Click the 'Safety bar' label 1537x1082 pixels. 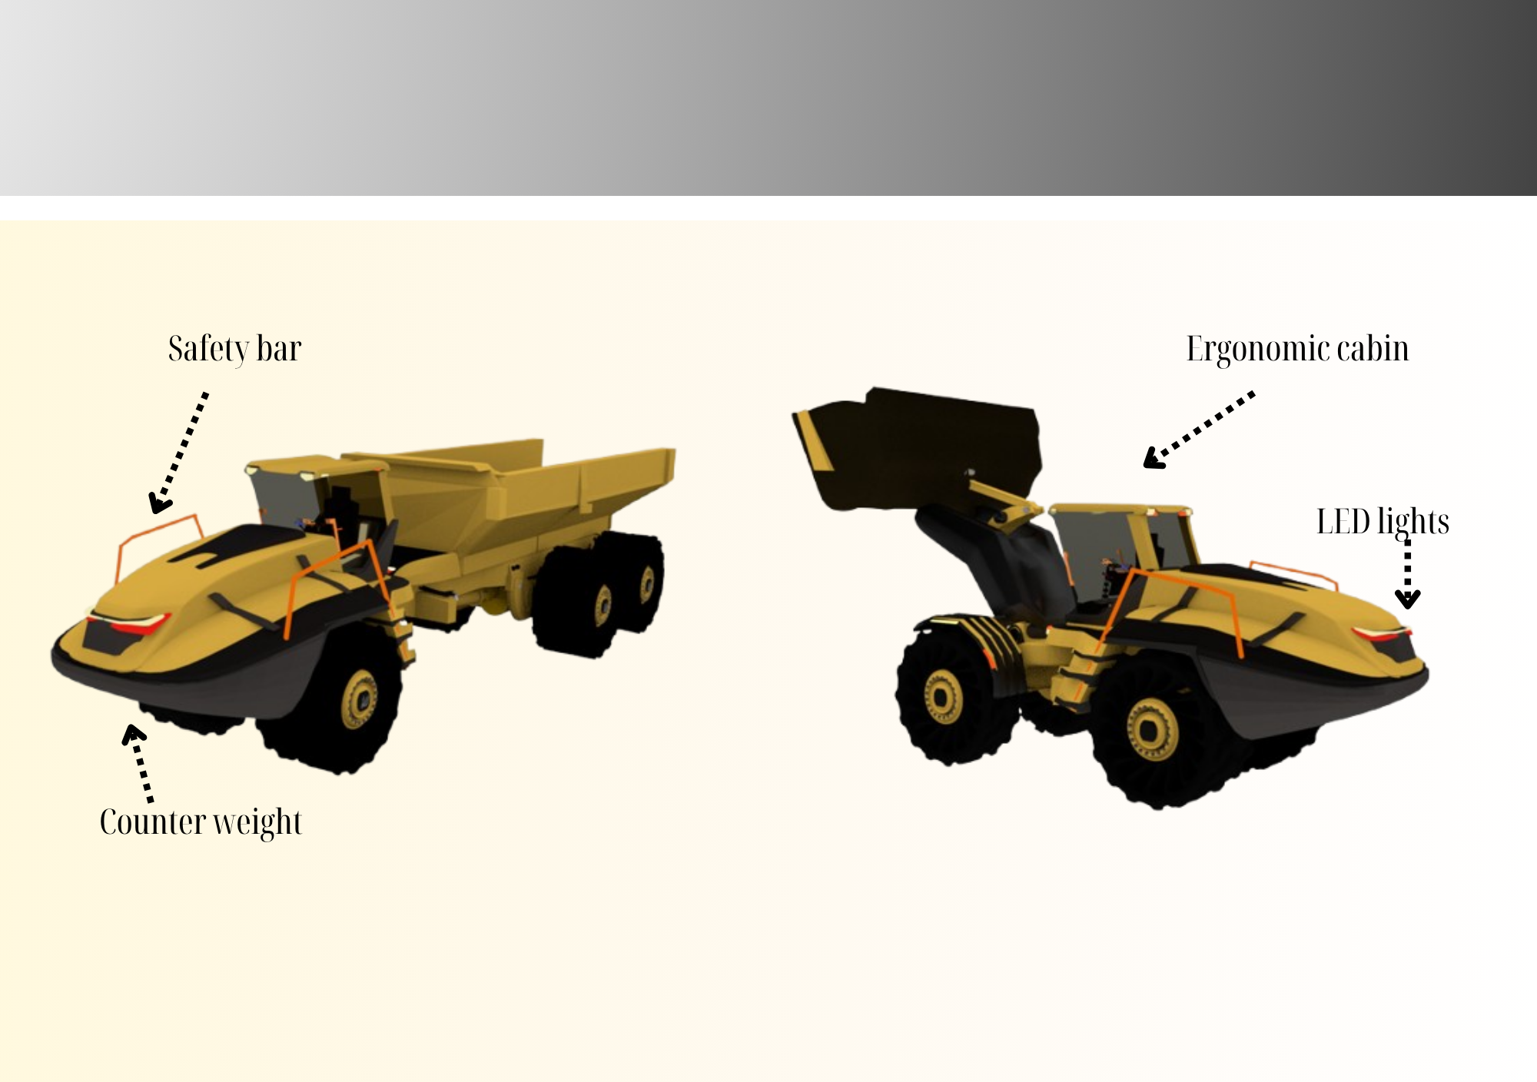pyautogui.click(x=234, y=350)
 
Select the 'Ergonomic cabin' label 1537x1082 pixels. pyautogui.click(x=1297, y=350)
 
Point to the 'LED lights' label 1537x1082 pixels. pyautogui.click(x=1383, y=523)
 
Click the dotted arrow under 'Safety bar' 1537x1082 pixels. pyautogui.click(x=179, y=452)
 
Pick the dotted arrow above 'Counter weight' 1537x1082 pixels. pyautogui.click(x=138, y=762)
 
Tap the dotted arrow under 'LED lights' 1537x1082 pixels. pyautogui.click(x=1407, y=573)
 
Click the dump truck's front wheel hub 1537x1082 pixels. pyautogui.click(x=360, y=699)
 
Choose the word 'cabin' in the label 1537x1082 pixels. pyautogui.click(x=1373, y=350)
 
